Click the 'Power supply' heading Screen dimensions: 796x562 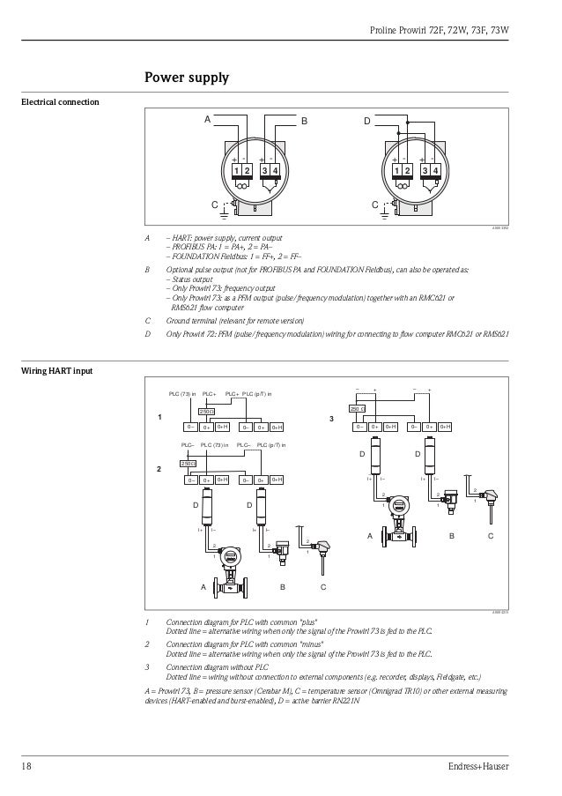187,79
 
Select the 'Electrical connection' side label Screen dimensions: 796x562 60,103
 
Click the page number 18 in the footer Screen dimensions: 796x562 27,766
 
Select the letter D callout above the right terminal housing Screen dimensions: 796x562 367,121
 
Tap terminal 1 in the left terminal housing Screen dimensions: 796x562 236,169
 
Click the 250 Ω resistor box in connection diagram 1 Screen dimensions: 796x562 207,411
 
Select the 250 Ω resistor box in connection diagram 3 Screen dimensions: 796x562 357,409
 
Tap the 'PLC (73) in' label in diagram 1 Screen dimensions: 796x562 182,394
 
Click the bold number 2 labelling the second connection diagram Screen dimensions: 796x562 159,469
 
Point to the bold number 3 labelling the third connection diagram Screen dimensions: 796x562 331,417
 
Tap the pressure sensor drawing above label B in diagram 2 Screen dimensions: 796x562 283,551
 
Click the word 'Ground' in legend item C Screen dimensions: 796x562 180,321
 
